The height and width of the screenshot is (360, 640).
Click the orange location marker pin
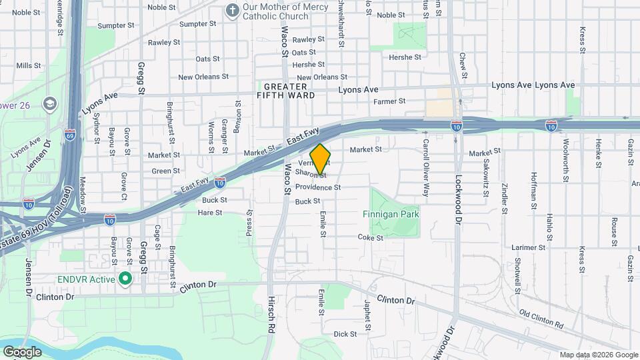(321, 159)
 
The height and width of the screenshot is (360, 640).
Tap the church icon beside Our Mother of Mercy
(232, 11)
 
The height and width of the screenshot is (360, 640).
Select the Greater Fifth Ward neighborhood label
(285, 91)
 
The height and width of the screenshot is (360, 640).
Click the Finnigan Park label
(391, 215)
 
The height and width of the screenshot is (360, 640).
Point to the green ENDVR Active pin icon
(124, 278)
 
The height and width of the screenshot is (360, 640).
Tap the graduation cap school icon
(49, 104)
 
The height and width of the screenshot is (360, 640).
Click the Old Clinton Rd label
(541, 319)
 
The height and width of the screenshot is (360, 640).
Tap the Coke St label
(371, 237)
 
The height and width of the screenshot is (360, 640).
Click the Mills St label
(29, 65)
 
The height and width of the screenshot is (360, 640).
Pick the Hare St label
(209, 212)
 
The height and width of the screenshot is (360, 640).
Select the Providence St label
(318, 188)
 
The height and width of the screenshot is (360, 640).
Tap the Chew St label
(463, 66)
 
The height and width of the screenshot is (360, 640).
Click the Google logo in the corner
(22, 351)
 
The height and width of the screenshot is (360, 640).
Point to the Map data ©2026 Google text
(599, 355)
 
